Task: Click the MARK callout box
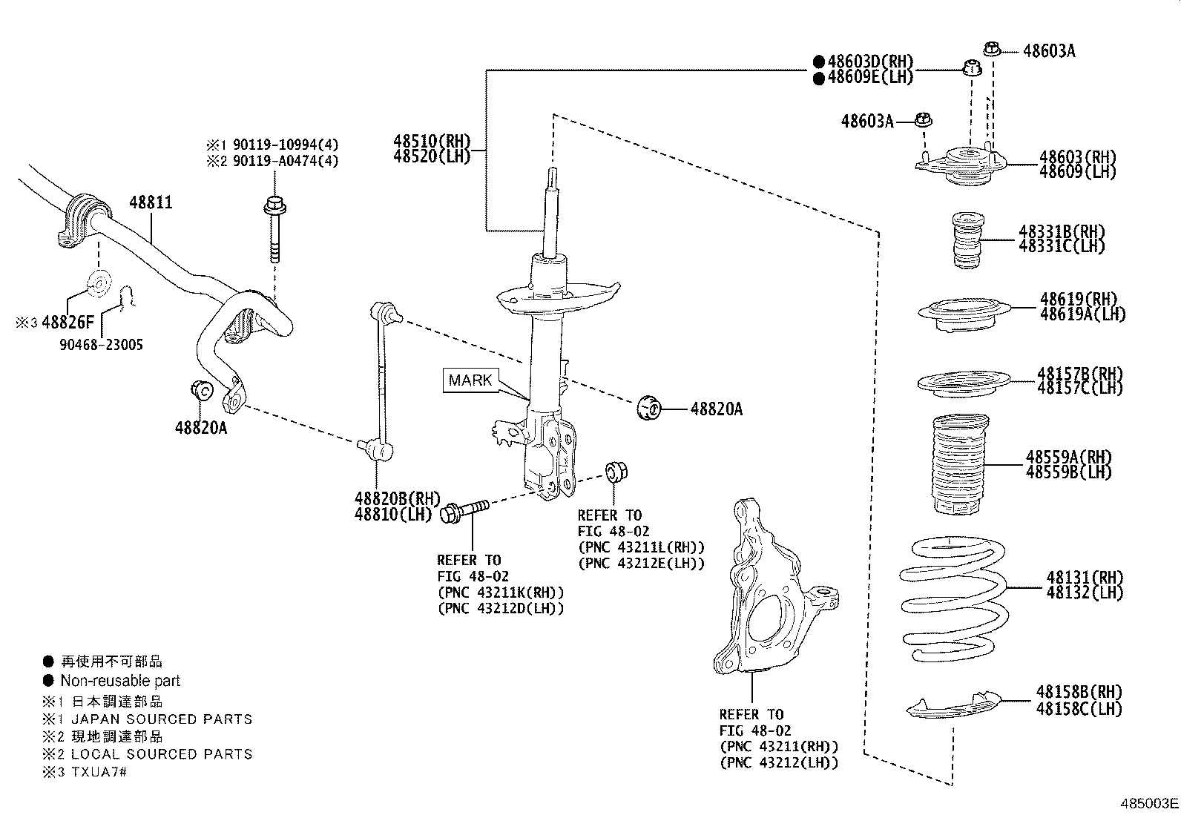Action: coord(470,380)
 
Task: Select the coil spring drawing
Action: coord(953,599)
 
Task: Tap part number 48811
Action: coord(151,202)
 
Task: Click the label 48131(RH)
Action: coord(1085,577)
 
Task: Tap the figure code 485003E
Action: coord(1148,803)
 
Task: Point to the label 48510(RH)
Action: coord(432,141)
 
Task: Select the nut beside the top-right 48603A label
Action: coord(992,50)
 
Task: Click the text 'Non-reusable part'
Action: coord(120,681)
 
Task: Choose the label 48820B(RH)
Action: coord(397,498)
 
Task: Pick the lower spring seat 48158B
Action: coord(953,706)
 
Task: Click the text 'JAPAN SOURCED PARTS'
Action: coord(162,719)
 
